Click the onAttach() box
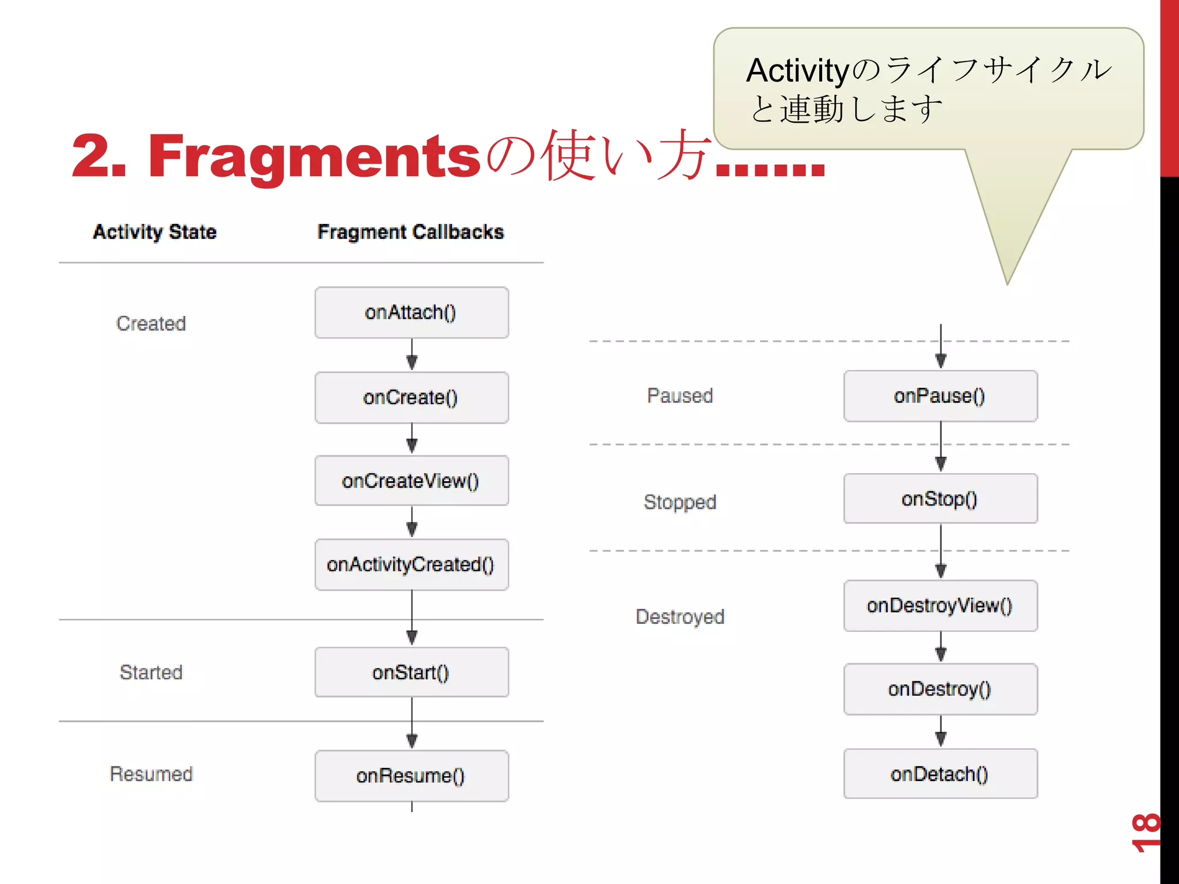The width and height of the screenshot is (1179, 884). click(x=411, y=313)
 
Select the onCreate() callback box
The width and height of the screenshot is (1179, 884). click(x=411, y=397)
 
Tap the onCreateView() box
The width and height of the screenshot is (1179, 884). click(x=411, y=481)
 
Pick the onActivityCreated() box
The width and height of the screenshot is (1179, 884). click(x=411, y=565)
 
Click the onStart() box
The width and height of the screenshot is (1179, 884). click(x=411, y=672)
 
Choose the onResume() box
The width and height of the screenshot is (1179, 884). click(x=411, y=776)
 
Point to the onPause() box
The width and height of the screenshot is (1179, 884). click(x=940, y=396)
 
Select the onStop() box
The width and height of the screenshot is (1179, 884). click(x=940, y=499)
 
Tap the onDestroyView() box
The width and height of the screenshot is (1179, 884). click(x=940, y=605)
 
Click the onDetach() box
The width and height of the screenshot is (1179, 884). click(x=940, y=774)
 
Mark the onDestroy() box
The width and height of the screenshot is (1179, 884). click(x=940, y=689)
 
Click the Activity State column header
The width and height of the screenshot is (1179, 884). click(x=155, y=232)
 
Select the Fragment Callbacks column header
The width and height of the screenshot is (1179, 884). click(x=410, y=232)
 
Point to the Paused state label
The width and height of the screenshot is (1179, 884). click(x=680, y=396)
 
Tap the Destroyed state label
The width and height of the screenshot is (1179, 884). click(x=680, y=617)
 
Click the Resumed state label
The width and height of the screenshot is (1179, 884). click(x=151, y=774)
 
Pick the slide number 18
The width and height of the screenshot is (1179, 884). click(x=1146, y=833)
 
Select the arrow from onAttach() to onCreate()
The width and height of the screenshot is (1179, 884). click(x=412, y=355)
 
